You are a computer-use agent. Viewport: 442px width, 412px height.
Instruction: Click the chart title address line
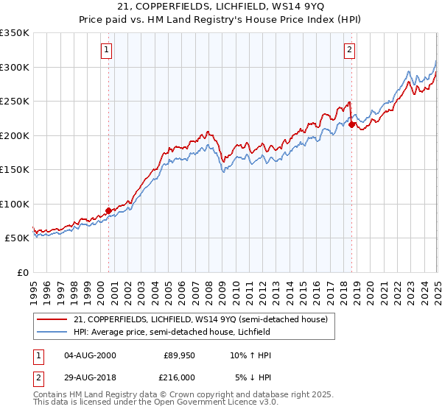(x=221, y=8)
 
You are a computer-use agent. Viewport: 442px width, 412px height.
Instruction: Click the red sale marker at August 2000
(x=109, y=210)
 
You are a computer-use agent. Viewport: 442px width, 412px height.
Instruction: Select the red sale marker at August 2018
(x=352, y=124)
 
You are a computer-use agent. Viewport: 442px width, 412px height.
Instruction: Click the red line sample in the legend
(x=53, y=319)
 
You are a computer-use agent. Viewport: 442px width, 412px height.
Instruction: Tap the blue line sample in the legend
(x=53, y=331)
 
